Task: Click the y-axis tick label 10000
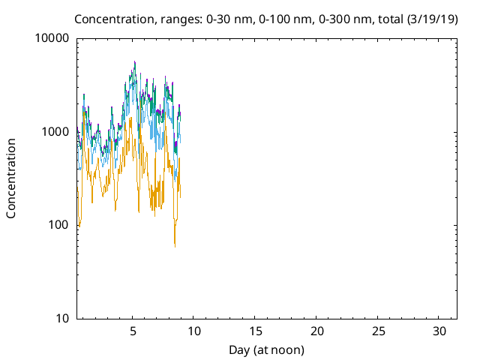pyautogui.click(x=52, y=38)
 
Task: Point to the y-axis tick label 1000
pyautogui.click(x=55, y=132)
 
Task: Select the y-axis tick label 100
pyautogui.click(x=58, y=225)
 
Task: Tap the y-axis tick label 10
pyautogui.click(x=62, y=318)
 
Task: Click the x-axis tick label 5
pyautogui.click(x=133, y=331)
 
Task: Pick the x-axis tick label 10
pyautogui.click(x=193, y=331)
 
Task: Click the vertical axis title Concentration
pyautogui.click(x=11, y=178)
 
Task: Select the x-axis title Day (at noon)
pyautogui.click(x=266, y=349)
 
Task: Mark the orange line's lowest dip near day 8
pyautogui.click(x=175, y=245)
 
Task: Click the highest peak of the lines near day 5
pyautogui.click(x=135, y=61)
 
